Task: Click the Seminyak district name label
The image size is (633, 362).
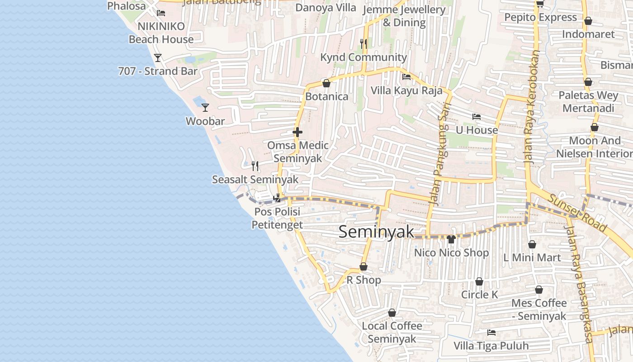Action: point(376,232)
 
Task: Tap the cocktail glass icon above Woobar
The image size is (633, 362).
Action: point(205,107)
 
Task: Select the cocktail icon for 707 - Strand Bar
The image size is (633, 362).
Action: point(158,57)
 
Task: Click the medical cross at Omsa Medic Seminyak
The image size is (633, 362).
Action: point(298,132)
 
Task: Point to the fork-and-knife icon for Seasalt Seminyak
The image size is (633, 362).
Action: point(255,166)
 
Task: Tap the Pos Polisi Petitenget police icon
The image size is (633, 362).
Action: point(277,198)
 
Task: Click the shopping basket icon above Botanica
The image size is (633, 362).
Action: point(326,83)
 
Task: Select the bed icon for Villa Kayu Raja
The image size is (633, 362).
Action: point(406,76)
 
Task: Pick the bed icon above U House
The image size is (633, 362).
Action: point(476,116)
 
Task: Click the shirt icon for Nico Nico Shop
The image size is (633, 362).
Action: point(451,239)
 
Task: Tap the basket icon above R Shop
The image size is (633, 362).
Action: point(364,267)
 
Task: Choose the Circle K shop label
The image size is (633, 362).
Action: point(479,295)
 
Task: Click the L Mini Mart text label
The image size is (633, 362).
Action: point(532,257)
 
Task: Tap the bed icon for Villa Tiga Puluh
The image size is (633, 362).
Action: point(491,333)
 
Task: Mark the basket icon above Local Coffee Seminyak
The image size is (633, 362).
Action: point(392,313)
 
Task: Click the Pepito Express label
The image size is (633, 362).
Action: point(540,17)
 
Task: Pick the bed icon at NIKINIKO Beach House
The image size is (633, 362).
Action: point(161,13)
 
